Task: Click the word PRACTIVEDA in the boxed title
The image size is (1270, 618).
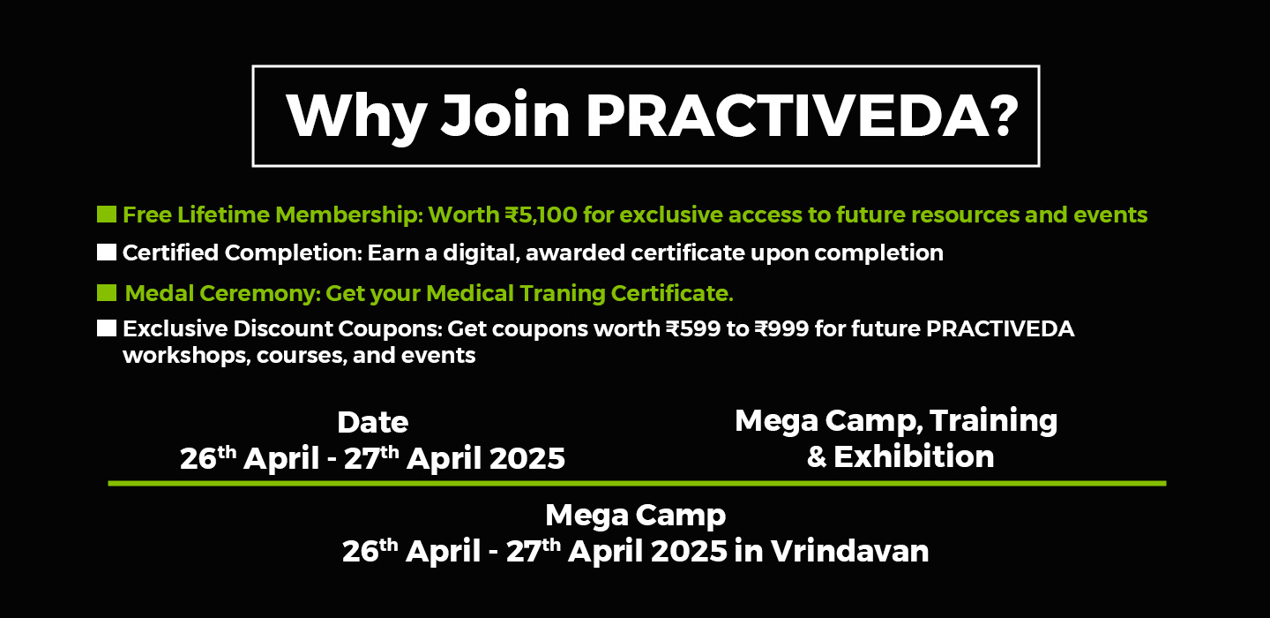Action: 788,116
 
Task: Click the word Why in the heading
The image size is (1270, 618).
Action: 356,118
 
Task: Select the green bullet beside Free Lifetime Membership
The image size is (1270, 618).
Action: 107,215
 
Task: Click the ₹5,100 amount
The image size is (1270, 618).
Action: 541,215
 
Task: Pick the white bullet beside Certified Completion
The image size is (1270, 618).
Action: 107,252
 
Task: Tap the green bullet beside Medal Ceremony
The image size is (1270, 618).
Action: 107,293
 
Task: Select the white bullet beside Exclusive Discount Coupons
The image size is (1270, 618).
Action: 107,328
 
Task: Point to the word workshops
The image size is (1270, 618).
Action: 187,356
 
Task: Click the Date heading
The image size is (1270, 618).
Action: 372,422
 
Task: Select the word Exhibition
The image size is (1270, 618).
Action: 914,456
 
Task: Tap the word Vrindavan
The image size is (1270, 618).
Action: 849,551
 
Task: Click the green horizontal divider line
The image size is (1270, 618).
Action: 638,484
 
